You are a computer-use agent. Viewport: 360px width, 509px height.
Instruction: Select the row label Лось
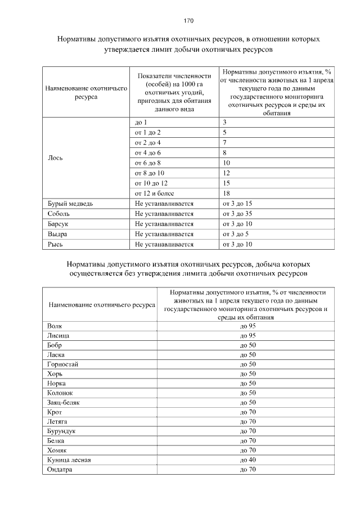[56, 157]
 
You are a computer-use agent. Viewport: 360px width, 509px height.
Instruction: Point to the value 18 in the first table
[226, 193]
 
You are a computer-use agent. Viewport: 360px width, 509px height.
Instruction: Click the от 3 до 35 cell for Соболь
[237, 214]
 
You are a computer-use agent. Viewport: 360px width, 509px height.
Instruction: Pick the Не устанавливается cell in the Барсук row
[164, 224]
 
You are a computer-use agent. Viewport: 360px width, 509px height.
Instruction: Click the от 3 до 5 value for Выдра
[236, 234]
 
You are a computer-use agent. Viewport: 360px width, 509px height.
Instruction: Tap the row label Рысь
[55, 244]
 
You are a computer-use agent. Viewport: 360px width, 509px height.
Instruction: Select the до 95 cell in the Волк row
[248, 326]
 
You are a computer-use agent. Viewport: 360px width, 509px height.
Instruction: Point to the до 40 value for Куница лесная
[248, 460]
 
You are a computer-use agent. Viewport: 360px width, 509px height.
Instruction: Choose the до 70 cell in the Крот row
[248, 412]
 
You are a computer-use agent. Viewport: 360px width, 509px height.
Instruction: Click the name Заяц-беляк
[64, 403]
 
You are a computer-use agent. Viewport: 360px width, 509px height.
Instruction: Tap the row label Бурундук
[62, 431]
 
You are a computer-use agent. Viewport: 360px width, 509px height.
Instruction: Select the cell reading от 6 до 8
[148, 163]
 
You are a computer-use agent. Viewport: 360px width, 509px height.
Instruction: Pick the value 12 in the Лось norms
[226, 173]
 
